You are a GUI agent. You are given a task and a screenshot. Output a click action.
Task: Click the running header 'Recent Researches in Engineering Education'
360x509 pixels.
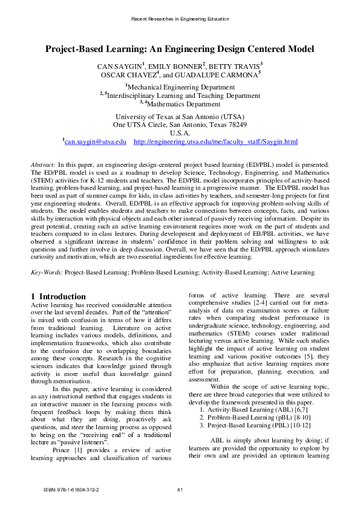pos(180,19)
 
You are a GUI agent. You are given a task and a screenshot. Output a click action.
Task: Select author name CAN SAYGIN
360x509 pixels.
pos(120,65)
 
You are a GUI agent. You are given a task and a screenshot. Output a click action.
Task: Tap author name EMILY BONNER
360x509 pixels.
pos(177,65)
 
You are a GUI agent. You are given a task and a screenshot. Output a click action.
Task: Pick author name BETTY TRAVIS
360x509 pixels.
pos(235,65)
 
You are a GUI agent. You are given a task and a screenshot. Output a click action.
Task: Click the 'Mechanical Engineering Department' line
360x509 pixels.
pos(180,87)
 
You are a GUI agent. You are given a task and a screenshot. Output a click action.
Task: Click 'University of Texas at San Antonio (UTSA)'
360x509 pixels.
pos(180,117)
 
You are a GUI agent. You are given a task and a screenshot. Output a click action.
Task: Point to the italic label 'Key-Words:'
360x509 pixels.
pos(47,273)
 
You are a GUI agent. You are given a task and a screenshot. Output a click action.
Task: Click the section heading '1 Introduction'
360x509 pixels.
pos(58,296)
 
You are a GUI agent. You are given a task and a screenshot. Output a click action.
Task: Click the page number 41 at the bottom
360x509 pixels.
pos(180,489)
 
